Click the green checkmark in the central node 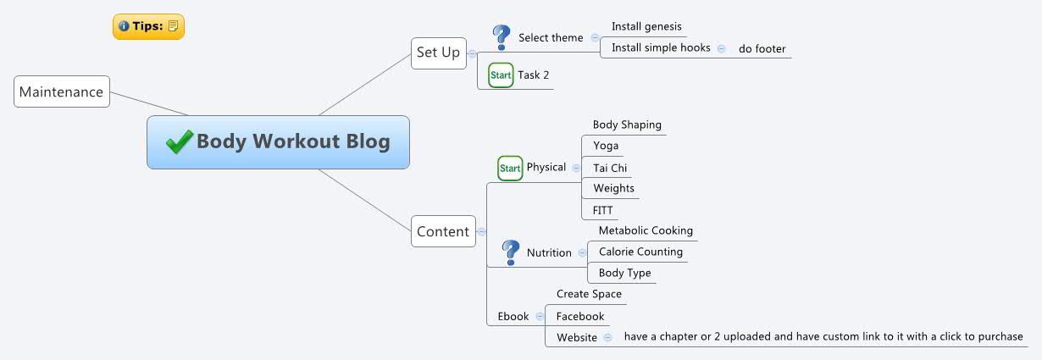[180, 141]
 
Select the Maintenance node [62, 91]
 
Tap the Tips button [148, 26]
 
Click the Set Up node [438, 53]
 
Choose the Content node [443, 231]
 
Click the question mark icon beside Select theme [501, 37]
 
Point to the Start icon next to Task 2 [501, 75]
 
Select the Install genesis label [646, 26]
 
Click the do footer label [762, 48]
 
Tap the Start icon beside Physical [510, 168]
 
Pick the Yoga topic [606, 146]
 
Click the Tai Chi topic [610, 168]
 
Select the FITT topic [602, 210]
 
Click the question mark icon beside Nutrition [510, 252]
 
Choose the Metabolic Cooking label [646, 230]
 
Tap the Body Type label [624, 273]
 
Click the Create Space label [589, 294]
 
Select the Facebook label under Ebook [580, 316]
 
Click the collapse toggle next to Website [607, 337]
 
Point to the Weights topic [613, 188]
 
